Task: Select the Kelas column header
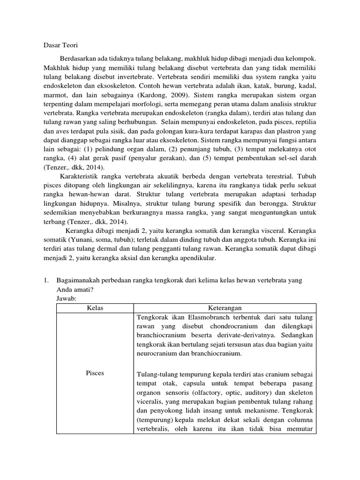[x=95, y=308]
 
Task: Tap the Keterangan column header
[x=225, y=308]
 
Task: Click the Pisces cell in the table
[x=95, y=373]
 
